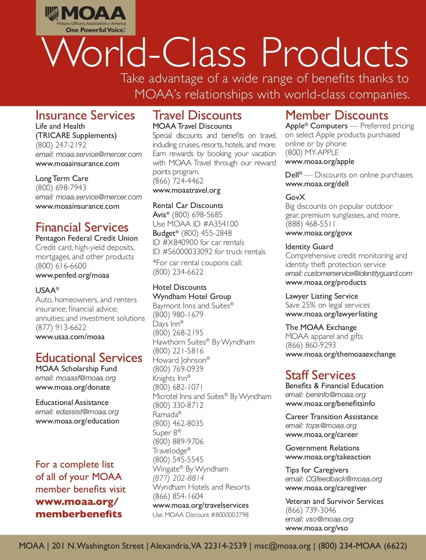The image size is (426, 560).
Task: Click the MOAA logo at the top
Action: [86, 18]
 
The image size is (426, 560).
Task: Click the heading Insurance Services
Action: [85, 116]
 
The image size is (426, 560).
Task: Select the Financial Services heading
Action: [82, 228]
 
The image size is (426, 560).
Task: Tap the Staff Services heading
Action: [320, 375]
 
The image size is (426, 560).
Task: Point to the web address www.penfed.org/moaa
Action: [72, 275]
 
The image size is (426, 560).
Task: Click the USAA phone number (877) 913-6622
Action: [61, 327]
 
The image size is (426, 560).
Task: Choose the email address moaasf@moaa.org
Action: [86, 378]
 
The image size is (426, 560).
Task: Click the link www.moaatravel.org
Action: [186, 190]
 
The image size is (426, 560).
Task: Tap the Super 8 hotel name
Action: [165, 433]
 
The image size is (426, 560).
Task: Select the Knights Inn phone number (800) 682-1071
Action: [178, 387]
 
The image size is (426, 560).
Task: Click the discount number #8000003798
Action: [230, 515]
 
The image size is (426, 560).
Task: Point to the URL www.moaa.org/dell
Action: [317, 184]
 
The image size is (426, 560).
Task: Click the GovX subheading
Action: [295, 197]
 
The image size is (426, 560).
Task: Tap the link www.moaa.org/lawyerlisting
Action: [331, 314]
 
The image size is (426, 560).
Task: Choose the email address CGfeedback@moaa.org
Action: [344, 479]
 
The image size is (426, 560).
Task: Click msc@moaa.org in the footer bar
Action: [282, 546]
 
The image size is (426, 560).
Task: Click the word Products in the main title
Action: [335, 53]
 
